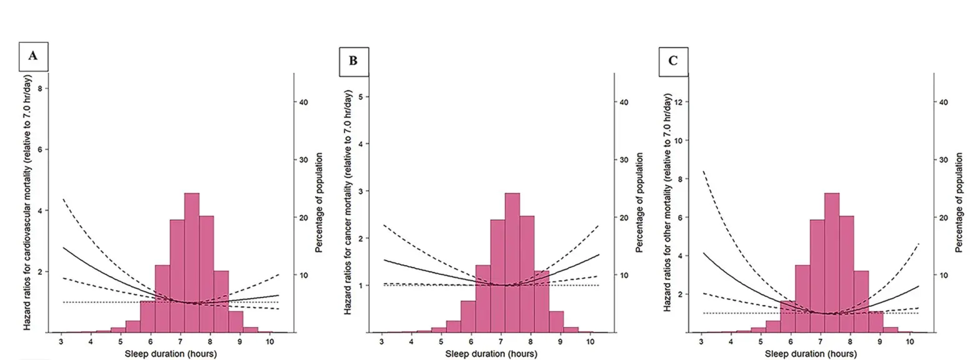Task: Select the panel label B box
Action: [x=353, y=61]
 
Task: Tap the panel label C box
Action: [x=673, y=61]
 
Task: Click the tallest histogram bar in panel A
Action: [x=192, y=262]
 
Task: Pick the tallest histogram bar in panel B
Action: [x=512, y=262]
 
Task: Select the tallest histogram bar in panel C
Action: [x=832, y=262]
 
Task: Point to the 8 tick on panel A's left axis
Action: [x=40, y=89]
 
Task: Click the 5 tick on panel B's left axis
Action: [x=361, y=96]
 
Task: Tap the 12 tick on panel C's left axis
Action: [x=679, y=101]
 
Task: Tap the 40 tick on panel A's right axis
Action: [x=304, y=102]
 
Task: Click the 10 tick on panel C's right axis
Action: [x=944, y=275]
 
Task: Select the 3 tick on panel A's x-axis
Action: [x=61, y=341]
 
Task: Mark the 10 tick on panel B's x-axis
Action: [x=589, y=341]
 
